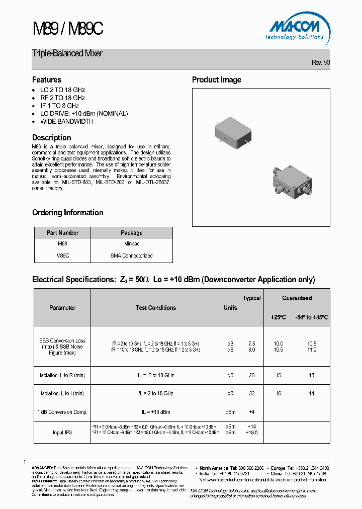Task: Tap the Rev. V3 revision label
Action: click(x=321, y=62)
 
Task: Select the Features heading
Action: click(x=47, y=79)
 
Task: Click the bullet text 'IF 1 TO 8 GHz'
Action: click(x=59, y=106)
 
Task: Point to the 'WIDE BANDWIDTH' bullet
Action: click(x=66, y=121)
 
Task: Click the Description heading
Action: click(x=51, y=137)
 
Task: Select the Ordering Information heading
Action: click(x=67, y=212)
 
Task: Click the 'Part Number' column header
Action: click(x=62, y=233)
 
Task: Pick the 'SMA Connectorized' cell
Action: click(x=131, y=256)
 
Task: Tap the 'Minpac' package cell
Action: click(x=131, y=243)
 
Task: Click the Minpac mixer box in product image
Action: click(x=232, y=132)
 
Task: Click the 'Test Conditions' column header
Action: click(x=156, y=308)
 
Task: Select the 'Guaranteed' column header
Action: click(x=297, y=298)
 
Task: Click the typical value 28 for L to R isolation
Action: click(x=251, y=375)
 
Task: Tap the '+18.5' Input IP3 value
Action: click(x=251, y=432)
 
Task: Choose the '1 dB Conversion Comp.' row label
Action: click(x=62, y=412)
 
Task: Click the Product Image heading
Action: click(x=216, y=79)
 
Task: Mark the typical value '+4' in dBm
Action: click(x=251, y=412)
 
